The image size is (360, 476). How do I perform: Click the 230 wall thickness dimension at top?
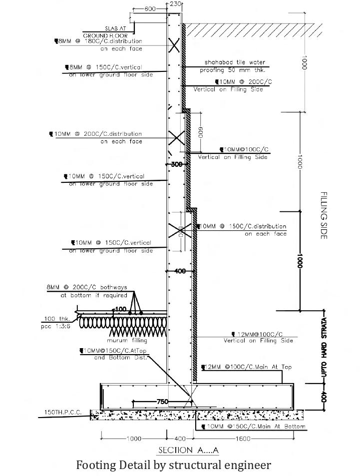pos(175,3)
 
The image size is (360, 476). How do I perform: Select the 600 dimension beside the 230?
pos(149,9)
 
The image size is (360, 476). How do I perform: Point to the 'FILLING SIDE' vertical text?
pos(324,215)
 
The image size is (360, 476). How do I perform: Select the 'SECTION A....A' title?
pos(188,450)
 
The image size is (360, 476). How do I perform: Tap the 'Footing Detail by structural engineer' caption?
pos(173,465)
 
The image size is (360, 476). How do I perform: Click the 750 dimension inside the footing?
pos(163,402)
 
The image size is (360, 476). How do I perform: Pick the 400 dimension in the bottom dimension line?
pos(179,439)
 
